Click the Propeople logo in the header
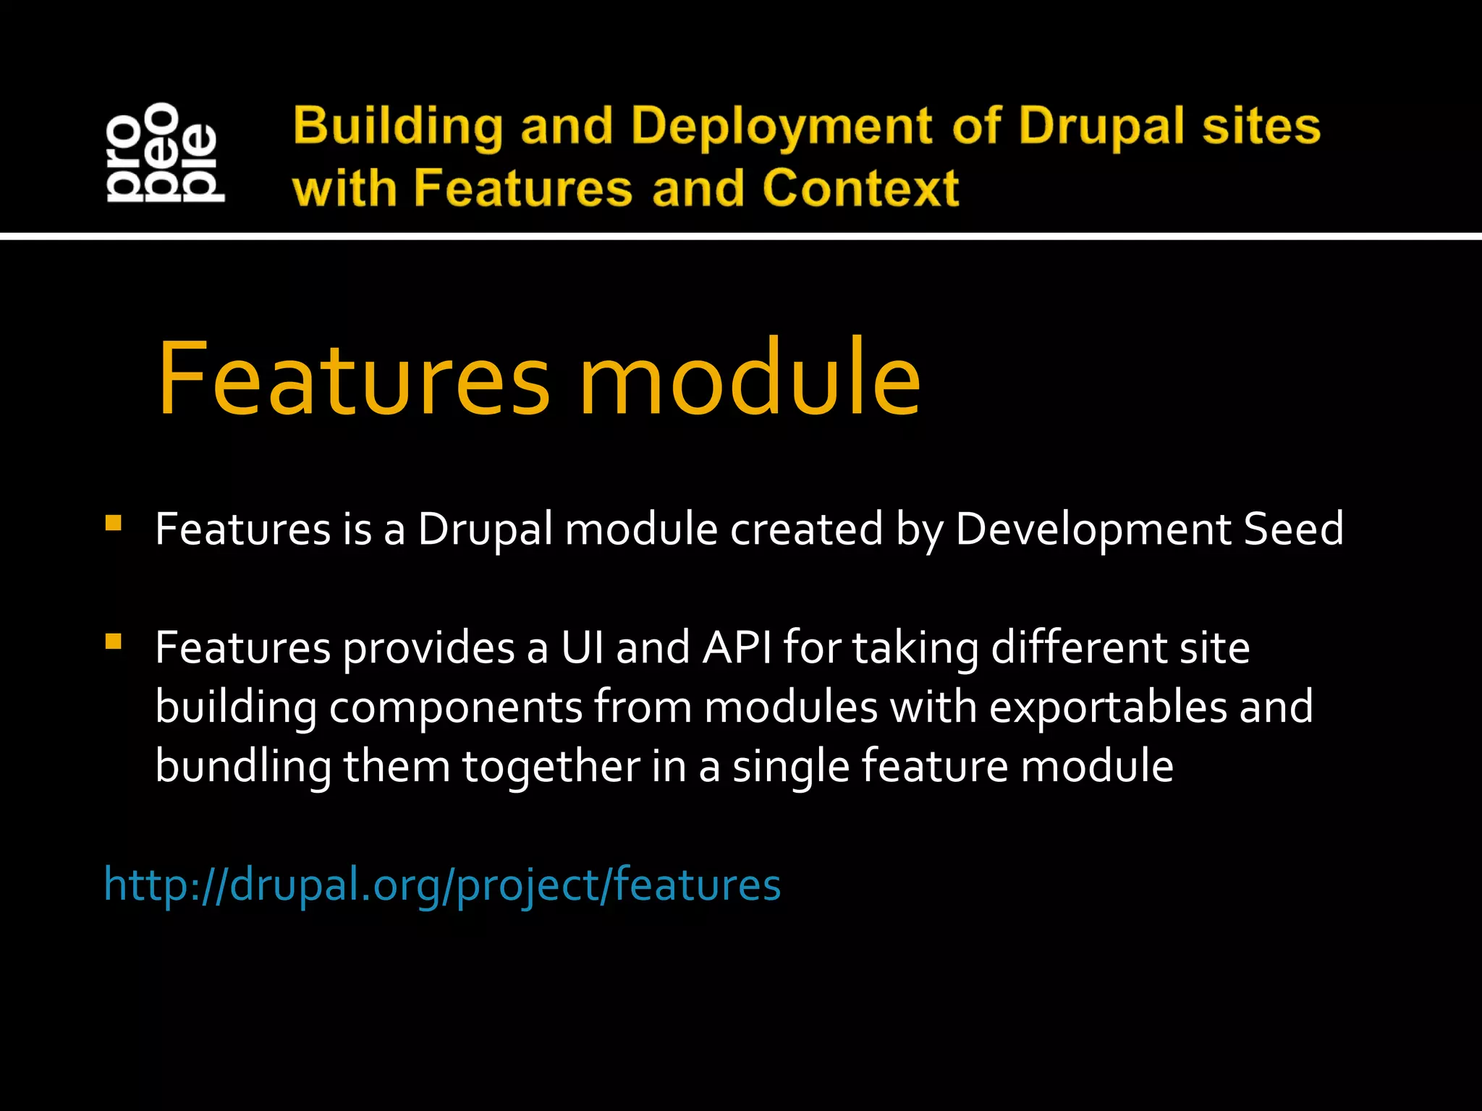(165, 152)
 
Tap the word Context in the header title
(860, 189)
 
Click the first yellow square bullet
(113, 523)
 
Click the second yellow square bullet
(113, 642)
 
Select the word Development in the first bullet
(1093, 530)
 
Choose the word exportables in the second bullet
(1107, 707)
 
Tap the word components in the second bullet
(455, 708)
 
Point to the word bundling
(243, 767)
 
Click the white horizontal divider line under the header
(741, 236)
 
